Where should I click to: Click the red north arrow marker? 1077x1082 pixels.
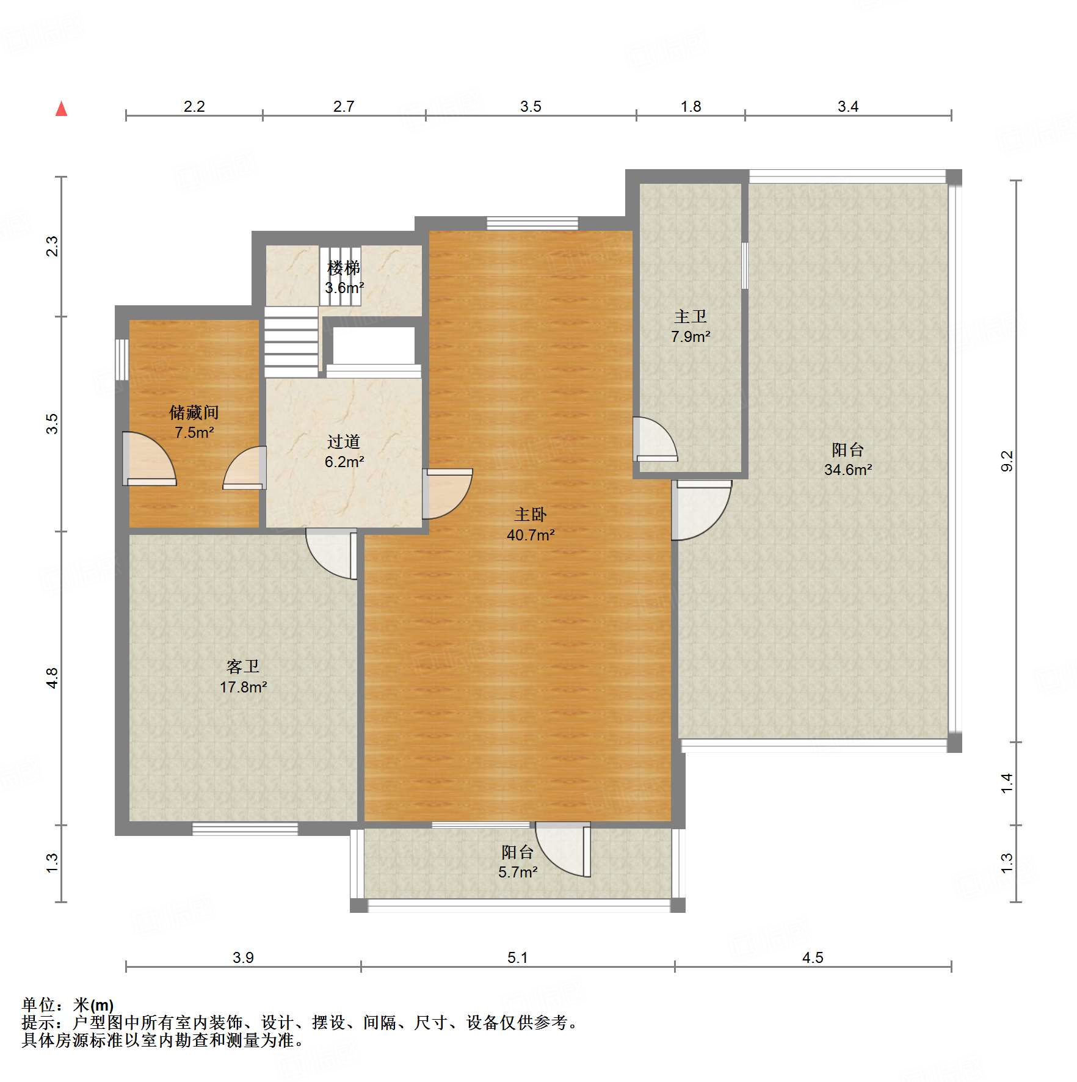pyautogui.click(x=61, y=109)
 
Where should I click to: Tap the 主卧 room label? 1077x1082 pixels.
pyautogui.click(x=530, y=515)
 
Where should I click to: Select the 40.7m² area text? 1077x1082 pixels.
pyautogui.click(x=530, y=535)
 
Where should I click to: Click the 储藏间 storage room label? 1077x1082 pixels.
pyautogui.click(x=194, y=413)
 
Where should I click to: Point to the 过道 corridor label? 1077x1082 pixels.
pyautogui.click(x=344, y=441)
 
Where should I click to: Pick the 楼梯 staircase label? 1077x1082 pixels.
pyautogui.click(x=344, y=267)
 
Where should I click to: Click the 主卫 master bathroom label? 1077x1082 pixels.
pyautogui.click(x=690, y=316)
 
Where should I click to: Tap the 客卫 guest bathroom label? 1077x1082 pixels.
pyautogui.click(x=243, y=666)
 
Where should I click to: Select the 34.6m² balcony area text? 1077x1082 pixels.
pyautogui.click(x=847, y=470)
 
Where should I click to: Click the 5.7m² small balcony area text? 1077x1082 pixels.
pyautogui.click(x=517, y=872)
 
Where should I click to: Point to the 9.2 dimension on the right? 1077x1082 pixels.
pyautogui.click(x=1007, y=460)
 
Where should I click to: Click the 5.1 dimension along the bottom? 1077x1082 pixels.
pyautogui.click(x=517, y=957)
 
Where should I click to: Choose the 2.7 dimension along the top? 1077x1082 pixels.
pyautogui.click(x=343, y=106)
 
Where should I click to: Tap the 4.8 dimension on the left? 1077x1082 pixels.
pyautogui.click(x=52, y=678)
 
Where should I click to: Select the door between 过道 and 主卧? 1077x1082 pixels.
pyautogui.click(x=447, y=493)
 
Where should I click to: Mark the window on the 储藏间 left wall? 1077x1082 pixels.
pyautogui.click(x=122, y=360)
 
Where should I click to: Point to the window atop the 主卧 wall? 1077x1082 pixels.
pyautogui.click(x=532, y=223)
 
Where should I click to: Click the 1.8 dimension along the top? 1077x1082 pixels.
pyautogui.click(x=691, y=106)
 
